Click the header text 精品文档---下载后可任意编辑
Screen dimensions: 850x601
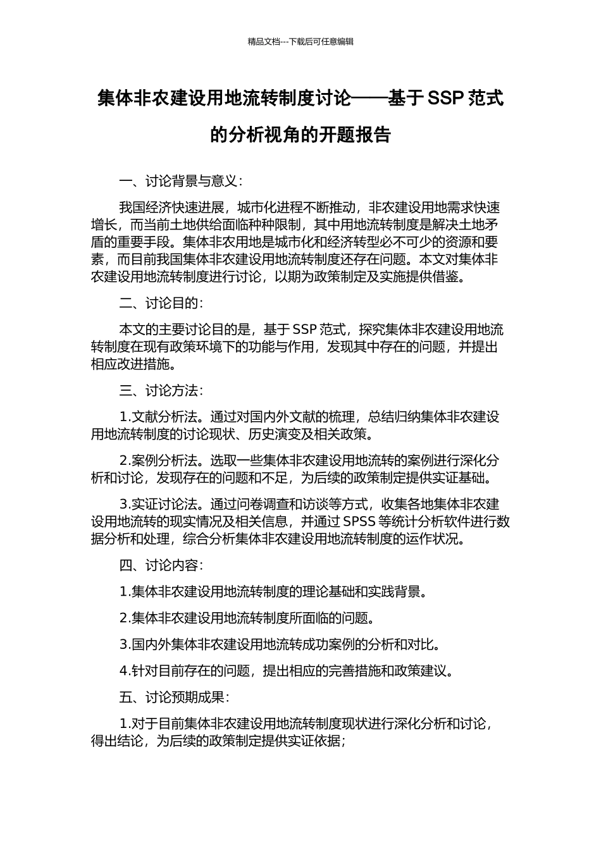[x=300, y=42]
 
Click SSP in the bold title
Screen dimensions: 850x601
[x=447, y=98]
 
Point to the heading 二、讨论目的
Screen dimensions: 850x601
[x=161, y=303]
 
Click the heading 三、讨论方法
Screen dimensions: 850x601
[x=161, y=391]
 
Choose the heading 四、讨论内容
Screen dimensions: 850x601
[x=161, y=565]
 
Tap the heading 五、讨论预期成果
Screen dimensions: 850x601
[x=174, y=697]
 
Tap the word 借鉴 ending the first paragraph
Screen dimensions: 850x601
[x=450, y=277]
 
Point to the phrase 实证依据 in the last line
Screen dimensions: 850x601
[x=314, y=741]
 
